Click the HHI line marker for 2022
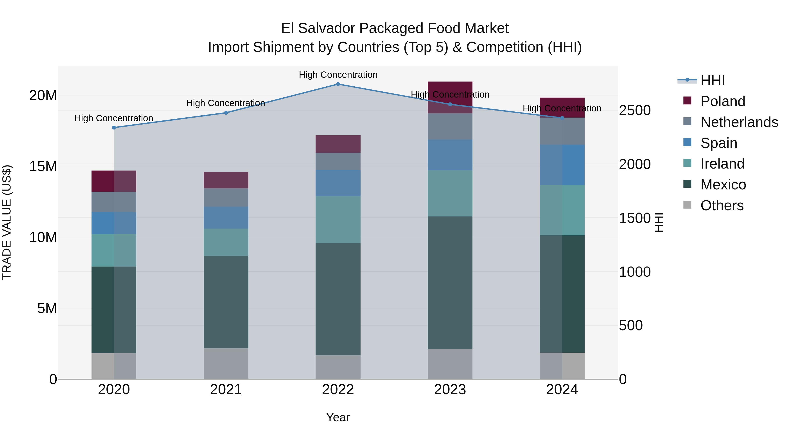coord(338,84)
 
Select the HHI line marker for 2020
coord(114,127)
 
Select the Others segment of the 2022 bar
coord(338,367)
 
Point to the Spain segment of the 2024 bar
coord(562,165)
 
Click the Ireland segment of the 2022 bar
coord(338,219)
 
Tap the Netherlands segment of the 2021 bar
coord(226,198)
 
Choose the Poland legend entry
coord(723,101)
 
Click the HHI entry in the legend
coord(712,80)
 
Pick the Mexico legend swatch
coord(687,184)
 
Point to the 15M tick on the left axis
coord(43,166)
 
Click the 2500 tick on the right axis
coord(634,111)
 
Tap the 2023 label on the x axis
coord(450,390)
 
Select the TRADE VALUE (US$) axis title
coord(7,222)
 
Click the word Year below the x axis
coord(338,417)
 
